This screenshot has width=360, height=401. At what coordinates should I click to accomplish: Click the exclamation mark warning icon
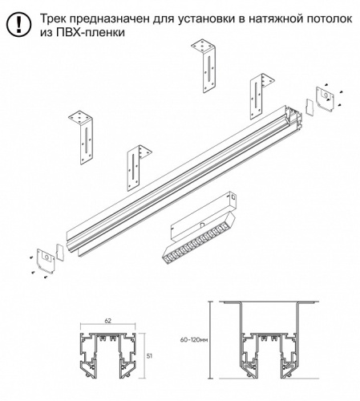[18, 24]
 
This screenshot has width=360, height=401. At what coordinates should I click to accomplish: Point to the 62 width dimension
[108, 321]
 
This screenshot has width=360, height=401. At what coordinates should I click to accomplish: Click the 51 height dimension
[150, 356]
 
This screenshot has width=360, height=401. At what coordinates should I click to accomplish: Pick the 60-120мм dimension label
[194, 340]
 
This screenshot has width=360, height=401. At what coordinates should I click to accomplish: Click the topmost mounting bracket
[204, 66]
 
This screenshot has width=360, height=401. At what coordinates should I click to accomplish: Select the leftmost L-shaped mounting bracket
[81, 137]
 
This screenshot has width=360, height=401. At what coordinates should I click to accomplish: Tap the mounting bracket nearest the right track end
[261, 95]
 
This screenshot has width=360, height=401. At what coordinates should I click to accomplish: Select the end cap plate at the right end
[325, 99]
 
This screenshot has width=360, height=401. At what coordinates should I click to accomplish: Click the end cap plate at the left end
[46, 261]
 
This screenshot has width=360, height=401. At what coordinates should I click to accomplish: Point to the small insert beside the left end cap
[60, 252]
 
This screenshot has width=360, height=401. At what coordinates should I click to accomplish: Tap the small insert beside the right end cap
[310, 107]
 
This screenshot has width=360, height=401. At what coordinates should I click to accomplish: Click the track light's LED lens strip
[199, 237]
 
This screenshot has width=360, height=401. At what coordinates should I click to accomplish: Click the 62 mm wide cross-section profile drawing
[108, 355]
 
